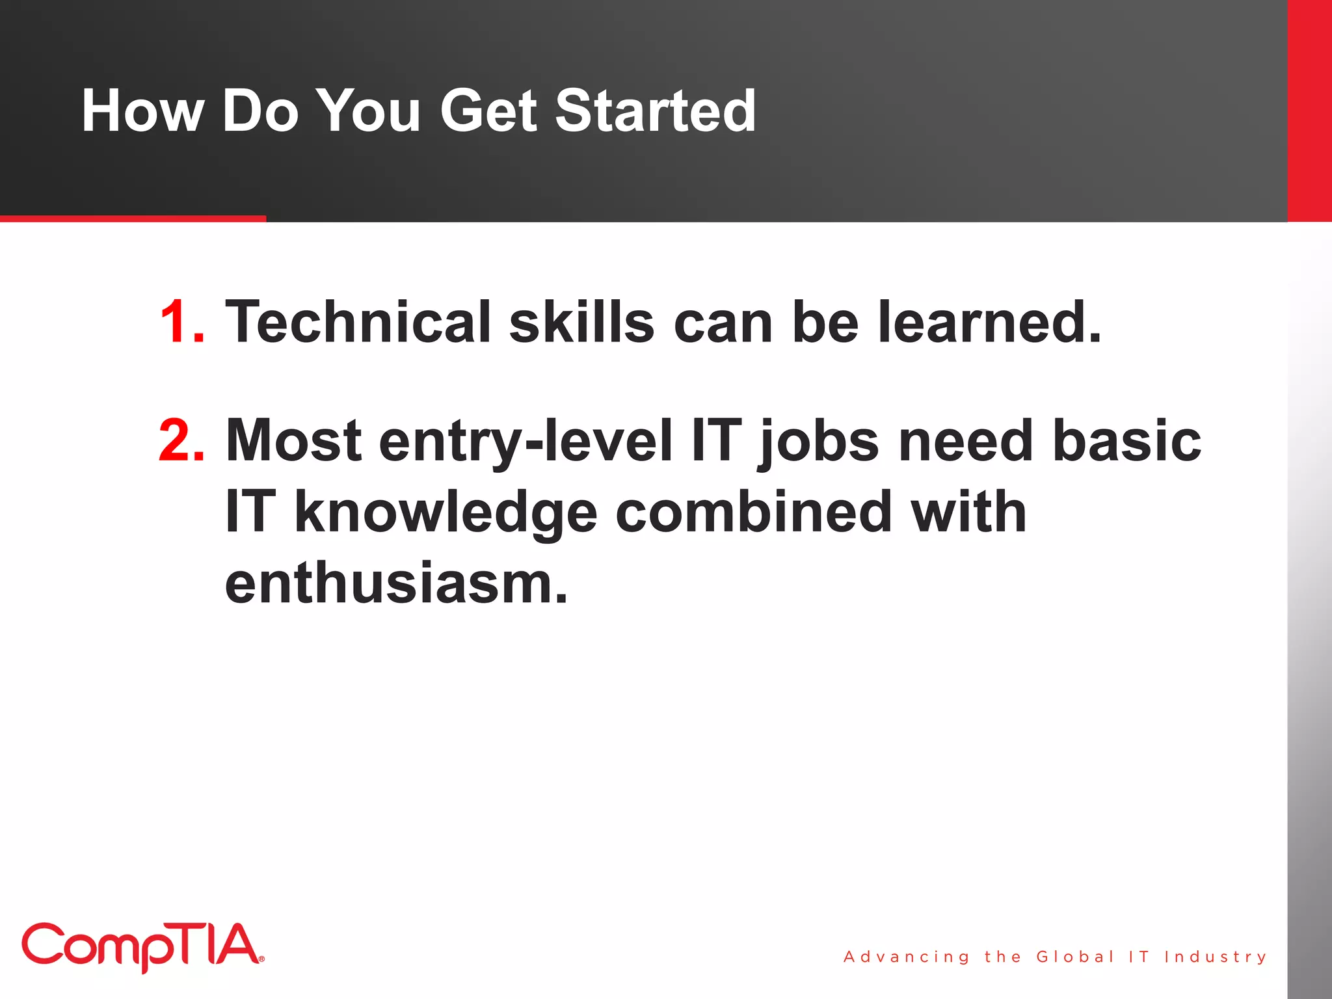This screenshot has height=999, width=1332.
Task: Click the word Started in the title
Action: point(655,111)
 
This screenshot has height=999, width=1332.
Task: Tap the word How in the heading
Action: point(142,111)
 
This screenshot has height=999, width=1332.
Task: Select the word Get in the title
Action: point(489,111)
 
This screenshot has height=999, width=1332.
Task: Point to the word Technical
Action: point(358,322)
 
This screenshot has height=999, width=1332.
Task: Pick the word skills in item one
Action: point(581,322)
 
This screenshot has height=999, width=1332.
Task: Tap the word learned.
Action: point(989,322)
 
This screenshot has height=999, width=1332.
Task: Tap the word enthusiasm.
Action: point(396,583)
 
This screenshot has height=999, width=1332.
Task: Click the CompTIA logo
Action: point(142,946)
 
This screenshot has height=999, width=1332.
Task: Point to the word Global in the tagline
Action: point(1074,957)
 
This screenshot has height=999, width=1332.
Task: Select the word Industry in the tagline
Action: point(1216,957)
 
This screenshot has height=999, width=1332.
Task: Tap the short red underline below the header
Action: point(133,219)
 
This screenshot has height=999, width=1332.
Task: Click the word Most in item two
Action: point(293,441)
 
